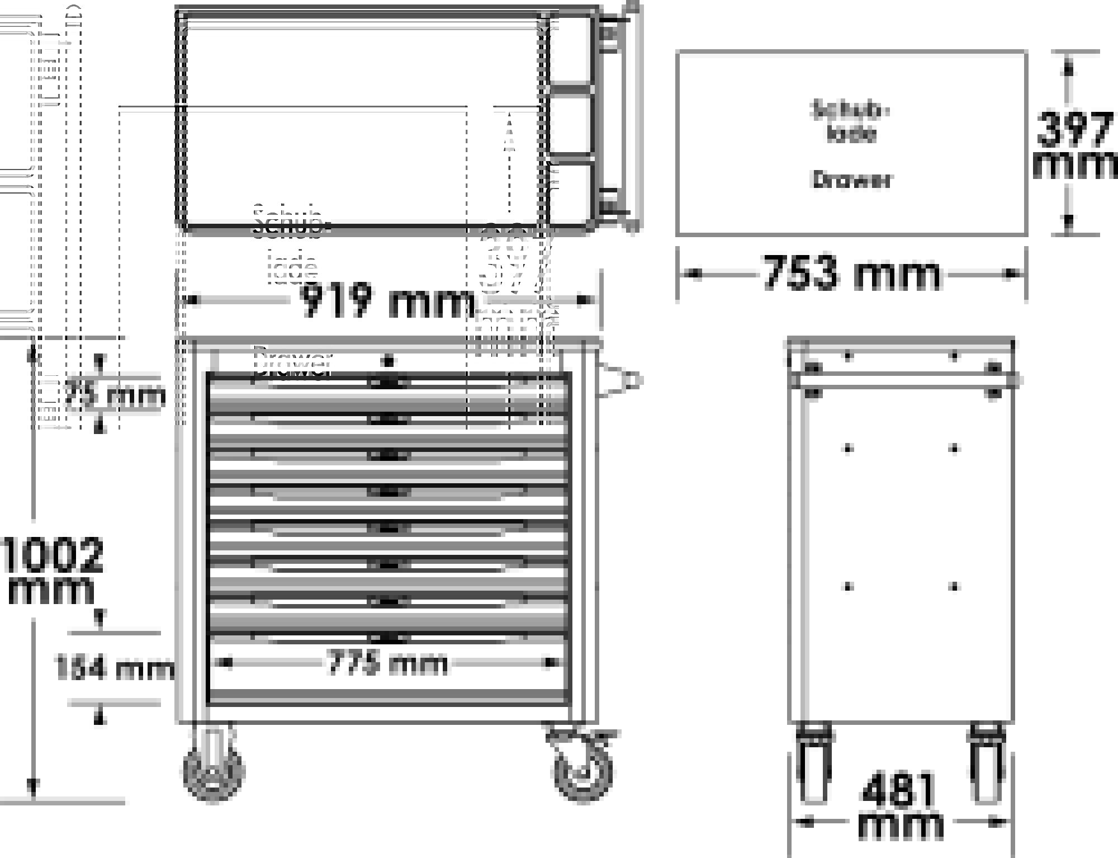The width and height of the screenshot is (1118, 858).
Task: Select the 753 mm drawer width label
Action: click(x=851, y=274)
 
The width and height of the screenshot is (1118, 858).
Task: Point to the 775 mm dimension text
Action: click(x=387, y=663)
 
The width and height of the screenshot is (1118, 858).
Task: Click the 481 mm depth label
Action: click(x=899, y=805)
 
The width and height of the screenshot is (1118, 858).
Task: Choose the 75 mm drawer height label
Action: click(x=115, y=395)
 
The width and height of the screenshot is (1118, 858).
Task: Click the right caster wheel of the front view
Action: click(x=582, y=772)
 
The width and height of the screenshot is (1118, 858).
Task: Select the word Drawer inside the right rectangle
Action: click(x=851, y=180)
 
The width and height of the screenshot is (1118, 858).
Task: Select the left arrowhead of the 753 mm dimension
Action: click(x=693, y=274)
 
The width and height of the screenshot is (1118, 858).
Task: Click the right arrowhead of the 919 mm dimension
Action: click(x=584, y=300)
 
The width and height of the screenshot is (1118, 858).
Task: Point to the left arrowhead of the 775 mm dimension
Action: click(x=226, y=663)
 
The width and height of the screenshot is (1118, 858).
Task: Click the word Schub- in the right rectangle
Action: click(x=850, y=110)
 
